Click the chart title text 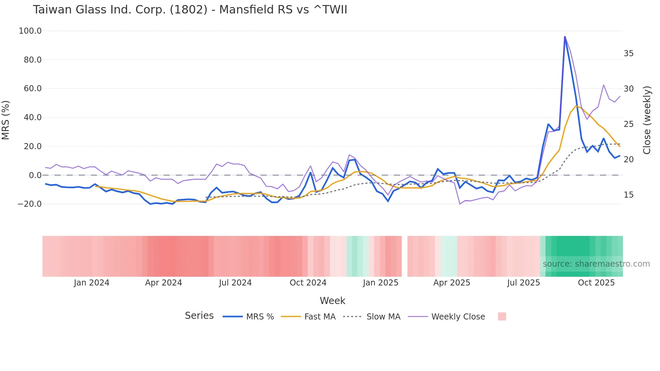pyautogui.click(x=190, y=10)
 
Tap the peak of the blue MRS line pyautogui.click(x=565, y=37)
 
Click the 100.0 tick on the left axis pyautogui.click(x=30, y=31)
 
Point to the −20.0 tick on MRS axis pyautogui.click(x=30, y=204)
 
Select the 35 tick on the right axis pyautogui.click(x=628, y=54)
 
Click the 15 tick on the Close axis pyautogui.click(x=628, y=195)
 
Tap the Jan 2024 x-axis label pyautogui.click(x=92, y=283)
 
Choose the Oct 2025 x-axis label pyautogui.click(x=596, y=283)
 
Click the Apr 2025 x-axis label pyautogui.click(x=452, y=283)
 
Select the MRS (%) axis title pyautogui.click(x=6, y=120)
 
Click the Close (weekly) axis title pyautogui.click(x=647, y=120)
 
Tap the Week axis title pyautogui.click(x=332, y=301)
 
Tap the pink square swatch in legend pyautogui.click(x=502, y=316)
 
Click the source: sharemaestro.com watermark pyautogui.click(x=596, y=264)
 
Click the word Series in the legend pyautogui.click(x=199, y=316)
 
